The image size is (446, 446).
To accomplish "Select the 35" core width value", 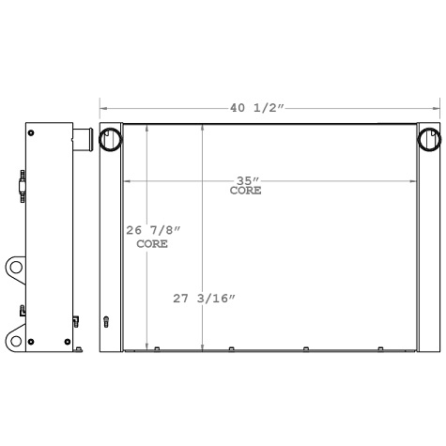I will [x=247, y=180].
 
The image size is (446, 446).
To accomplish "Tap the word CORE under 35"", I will [x=246, y=191].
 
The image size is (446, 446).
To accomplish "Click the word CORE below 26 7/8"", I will [x=152, y=244].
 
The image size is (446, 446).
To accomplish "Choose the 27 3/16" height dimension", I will [x=204, y=299].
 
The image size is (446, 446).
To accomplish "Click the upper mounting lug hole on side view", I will [x=16, y=269].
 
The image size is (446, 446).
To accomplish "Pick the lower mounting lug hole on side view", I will [x=16, y=338].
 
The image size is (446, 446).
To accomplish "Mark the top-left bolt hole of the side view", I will [x=32, y=133].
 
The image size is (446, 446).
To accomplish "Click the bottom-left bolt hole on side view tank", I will [x=32, y=340].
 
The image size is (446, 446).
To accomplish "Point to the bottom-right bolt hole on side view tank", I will [x=68, y=340].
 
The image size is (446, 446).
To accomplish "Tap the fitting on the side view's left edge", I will [x=21, y=186].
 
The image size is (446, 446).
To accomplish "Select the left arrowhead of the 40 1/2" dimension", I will [x=103, y=108].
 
